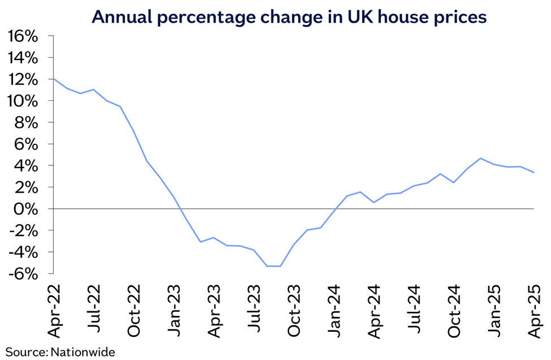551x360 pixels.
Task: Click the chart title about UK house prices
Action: (289, 16)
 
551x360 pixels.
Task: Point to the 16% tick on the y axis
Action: (23, 36)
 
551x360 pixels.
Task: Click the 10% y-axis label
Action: (23, 101)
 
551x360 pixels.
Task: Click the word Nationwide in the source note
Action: (83, 352)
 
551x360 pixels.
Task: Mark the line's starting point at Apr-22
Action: (54, 79)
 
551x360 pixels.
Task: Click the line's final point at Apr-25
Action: (534, 173)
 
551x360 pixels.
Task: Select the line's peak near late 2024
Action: (480, 158)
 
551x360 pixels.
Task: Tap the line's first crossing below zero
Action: (180, 209)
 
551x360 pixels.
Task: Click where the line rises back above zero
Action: (337, 209)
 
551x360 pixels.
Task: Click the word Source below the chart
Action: (25, 352)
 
